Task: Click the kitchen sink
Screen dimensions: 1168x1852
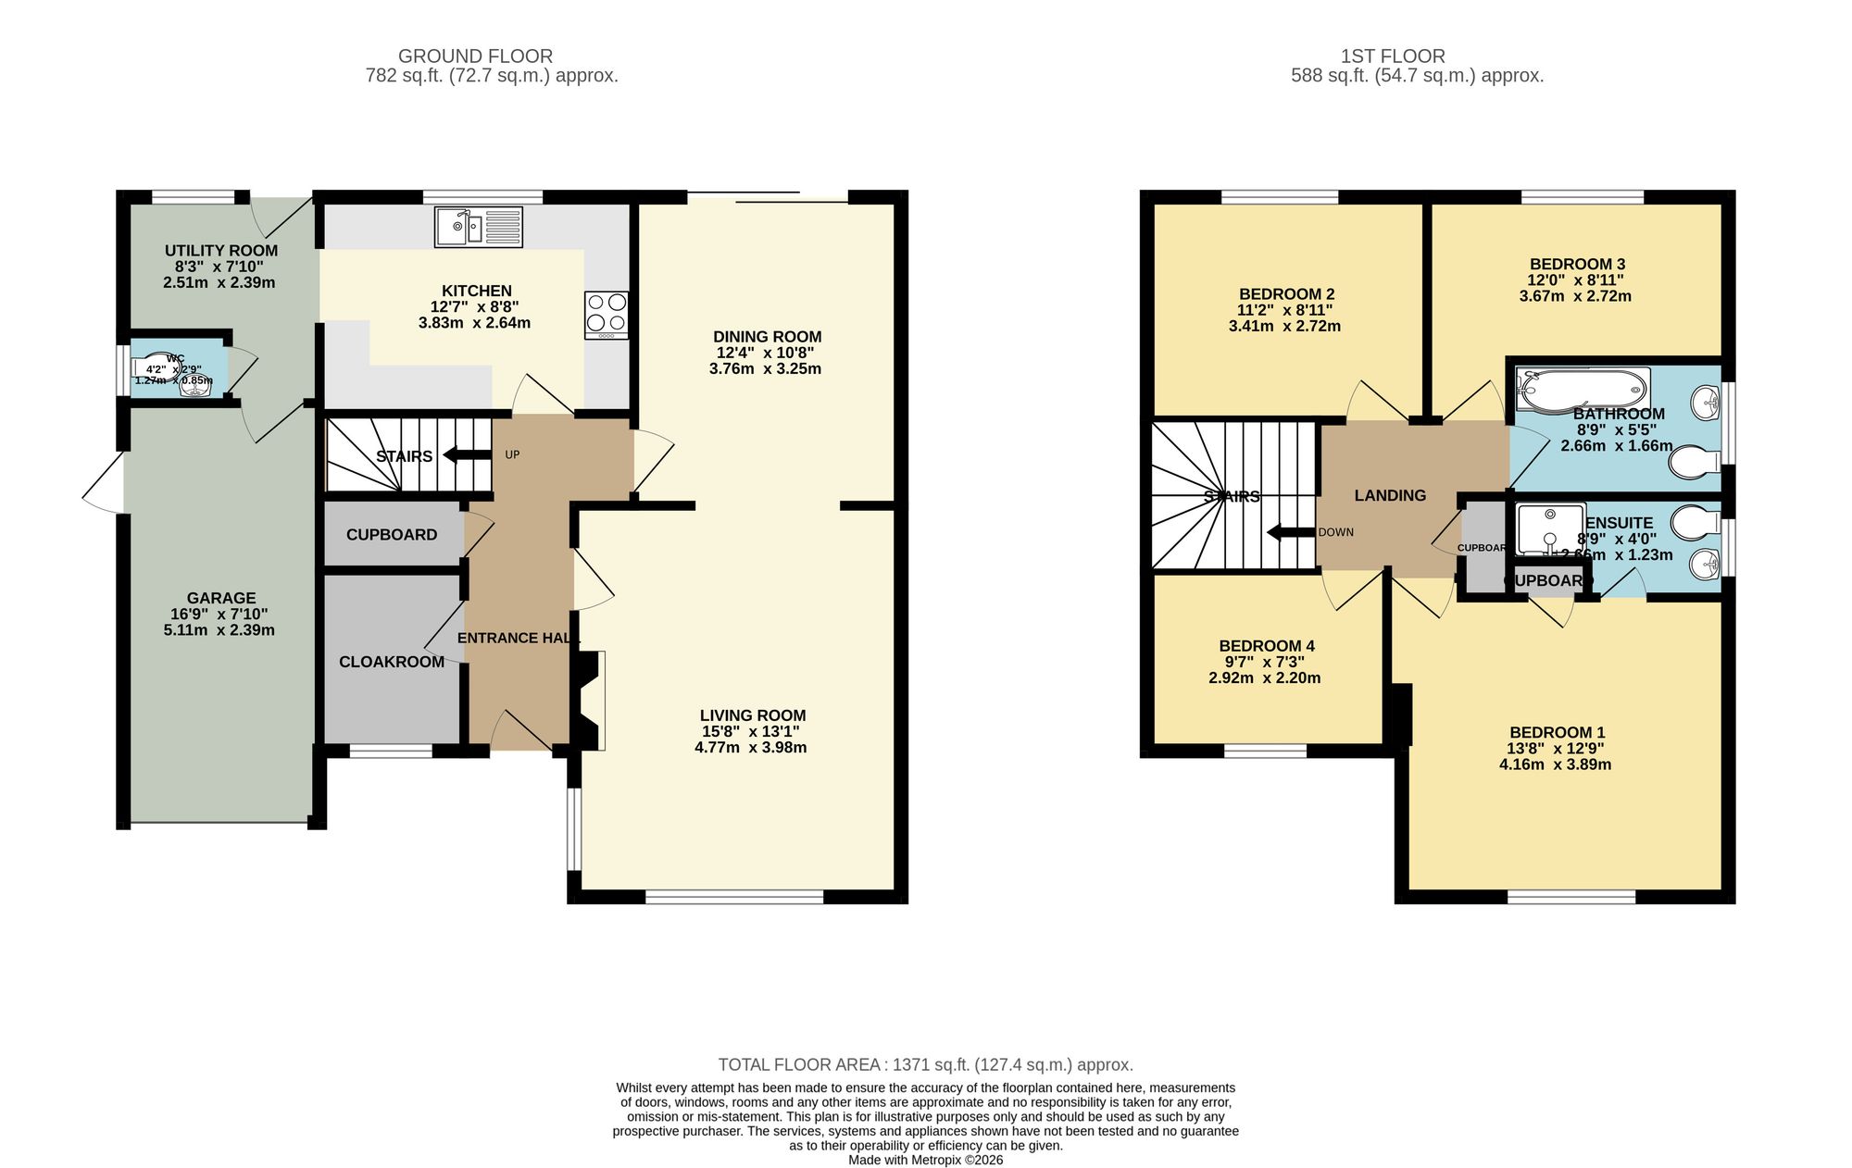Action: point(478,227)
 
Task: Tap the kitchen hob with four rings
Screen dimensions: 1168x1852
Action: point(607,314)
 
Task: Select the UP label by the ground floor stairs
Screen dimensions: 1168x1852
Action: point(512,454)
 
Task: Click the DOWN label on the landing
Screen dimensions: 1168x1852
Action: point(1335,532)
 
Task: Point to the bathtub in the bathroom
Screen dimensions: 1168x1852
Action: point(1582,390)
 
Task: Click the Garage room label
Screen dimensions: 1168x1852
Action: point(220,598)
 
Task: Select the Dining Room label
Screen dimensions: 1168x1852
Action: point(767,337)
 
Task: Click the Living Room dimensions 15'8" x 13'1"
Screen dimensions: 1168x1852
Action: point(750,731)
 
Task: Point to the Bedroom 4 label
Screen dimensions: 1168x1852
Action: point(1266,646)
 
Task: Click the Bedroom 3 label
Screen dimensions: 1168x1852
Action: point(1576,264)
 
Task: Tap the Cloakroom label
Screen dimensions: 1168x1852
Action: point(391,662)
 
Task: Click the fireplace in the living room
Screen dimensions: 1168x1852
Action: point(589,700)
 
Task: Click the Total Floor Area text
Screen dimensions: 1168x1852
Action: point(925,1064)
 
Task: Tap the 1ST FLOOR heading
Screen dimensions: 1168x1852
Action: point(1392,56)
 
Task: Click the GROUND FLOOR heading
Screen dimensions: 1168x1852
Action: point(475,56)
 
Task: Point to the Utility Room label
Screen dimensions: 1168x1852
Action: point(220,251)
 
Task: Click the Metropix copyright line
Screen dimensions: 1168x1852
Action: point(925,1160)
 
